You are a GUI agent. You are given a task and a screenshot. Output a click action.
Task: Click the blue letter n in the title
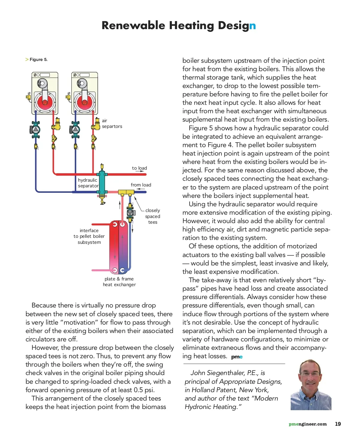(252, 26)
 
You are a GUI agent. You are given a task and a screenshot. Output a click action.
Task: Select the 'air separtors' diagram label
(112, 123)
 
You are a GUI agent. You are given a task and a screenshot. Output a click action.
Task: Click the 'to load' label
(139, 168)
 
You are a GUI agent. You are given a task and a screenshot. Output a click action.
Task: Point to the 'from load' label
(141, 185)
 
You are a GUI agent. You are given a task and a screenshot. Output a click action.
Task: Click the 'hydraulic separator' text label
(88, 183)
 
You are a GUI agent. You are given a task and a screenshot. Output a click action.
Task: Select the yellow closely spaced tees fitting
(126, 192)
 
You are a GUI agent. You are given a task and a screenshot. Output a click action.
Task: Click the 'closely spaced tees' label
(153, 216)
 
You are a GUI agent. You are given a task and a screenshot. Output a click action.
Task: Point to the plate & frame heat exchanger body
(118, 247)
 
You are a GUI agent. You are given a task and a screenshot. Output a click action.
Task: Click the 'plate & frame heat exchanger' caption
(119, 282)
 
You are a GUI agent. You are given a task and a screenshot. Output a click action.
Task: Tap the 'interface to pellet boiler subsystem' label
(89, 236)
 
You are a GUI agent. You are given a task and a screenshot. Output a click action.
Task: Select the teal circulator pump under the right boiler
(75, 130)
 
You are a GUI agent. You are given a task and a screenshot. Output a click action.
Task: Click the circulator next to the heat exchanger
(130, 213)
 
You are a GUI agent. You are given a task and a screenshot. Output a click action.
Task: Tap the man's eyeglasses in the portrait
(310, 373)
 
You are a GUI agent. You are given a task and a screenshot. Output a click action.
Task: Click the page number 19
(338, 424)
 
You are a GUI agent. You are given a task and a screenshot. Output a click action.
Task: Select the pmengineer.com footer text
(307, 424)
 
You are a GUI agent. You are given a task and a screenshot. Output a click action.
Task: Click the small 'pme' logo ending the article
(237, 357)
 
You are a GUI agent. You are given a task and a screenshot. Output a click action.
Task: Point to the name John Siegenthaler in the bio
(218, 373)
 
